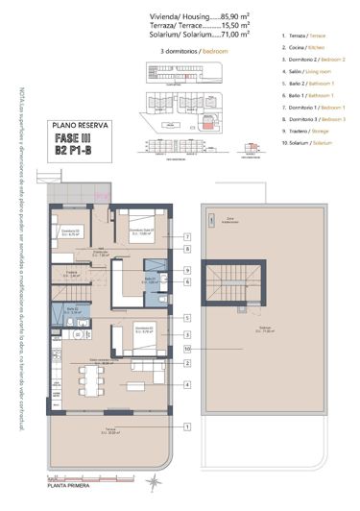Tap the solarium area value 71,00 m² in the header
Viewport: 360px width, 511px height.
tap(235, 34)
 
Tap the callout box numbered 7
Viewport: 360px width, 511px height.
tap(189, 236)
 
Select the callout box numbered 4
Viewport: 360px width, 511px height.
tap(189, 384)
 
